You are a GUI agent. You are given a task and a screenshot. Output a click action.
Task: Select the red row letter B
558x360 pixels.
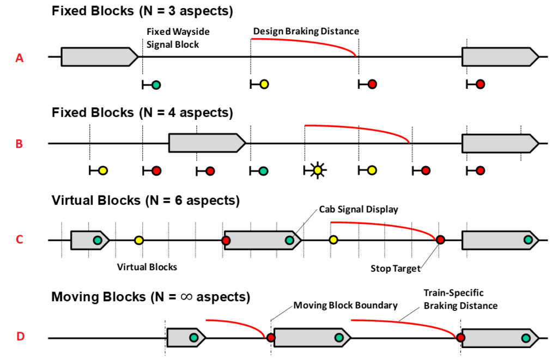[20, 144]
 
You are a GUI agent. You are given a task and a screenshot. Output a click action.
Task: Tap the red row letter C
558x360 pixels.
[20, 240]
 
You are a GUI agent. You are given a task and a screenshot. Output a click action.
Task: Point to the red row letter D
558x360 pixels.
[20, 337]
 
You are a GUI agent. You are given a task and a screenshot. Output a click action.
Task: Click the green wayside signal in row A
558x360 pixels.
[156, 84]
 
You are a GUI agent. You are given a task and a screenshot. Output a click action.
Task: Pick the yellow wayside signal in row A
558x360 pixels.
[264, 84]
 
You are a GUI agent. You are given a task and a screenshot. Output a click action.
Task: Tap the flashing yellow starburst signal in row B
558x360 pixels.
[317, 170]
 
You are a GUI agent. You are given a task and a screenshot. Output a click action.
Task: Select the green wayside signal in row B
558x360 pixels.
[263, 170]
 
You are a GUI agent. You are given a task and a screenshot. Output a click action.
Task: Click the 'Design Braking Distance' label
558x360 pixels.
[306, 31]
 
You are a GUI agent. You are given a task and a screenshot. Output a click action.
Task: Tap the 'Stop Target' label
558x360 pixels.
[395, 268]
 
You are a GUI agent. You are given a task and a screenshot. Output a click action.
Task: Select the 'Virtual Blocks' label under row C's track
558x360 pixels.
[147, 267]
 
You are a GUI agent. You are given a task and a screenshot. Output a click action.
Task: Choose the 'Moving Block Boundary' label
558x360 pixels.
[345, 305]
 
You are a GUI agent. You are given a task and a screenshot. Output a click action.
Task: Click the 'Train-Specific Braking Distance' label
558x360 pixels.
[460, 300]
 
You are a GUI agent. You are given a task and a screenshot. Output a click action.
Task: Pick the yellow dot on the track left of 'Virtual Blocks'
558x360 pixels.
[139, 240]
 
